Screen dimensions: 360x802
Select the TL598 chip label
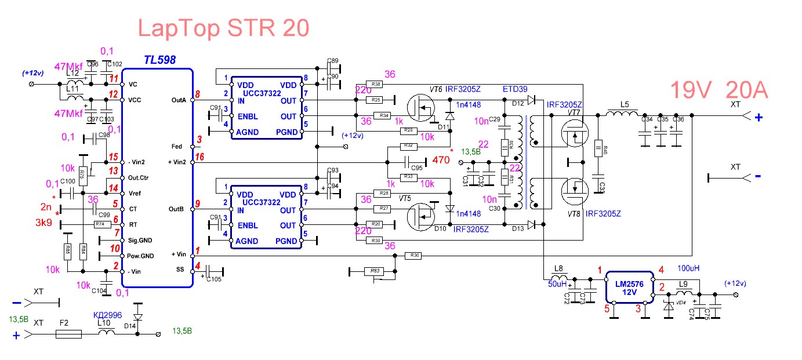(x=159, y=60)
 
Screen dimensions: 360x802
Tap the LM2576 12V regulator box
(x=630, y=287)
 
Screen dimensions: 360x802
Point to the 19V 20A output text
(x=719, y=90)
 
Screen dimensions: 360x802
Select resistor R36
(x=414, y=255)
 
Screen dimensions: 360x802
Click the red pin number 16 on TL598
(x=199, y=157)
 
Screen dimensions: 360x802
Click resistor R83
(x=375, y=271)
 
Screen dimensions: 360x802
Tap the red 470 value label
(x=440, y=161)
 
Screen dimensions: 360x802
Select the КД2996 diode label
(x=107, y=315)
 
